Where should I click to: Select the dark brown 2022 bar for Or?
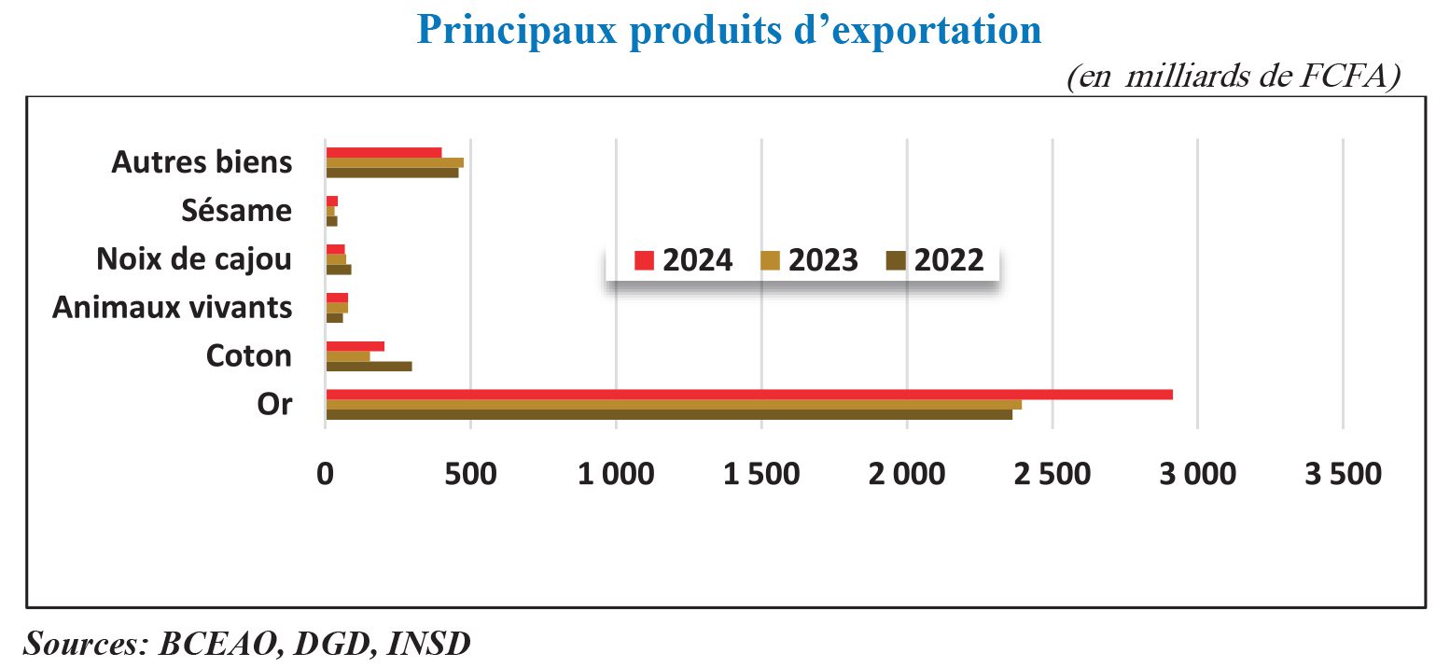668,415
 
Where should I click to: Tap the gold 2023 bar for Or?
673,405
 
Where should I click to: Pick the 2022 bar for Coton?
369,366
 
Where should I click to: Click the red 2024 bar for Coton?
355,346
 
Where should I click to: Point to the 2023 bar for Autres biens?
394,162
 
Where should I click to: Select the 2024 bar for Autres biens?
383,152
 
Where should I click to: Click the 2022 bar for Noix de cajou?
338,270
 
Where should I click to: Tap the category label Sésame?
236,211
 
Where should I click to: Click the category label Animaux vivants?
172,307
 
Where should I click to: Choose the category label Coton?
248,355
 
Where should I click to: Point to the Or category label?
273,405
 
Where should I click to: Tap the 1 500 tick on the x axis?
761,474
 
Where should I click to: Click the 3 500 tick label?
1342,474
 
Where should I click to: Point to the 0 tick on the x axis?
326,474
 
